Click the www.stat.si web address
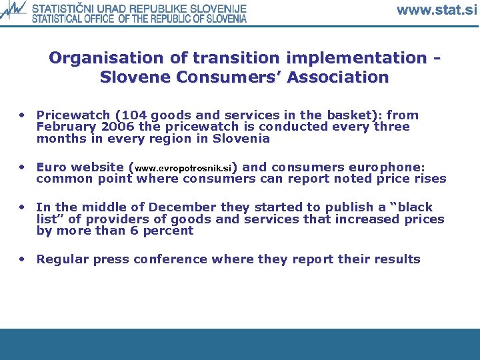[x=437, y=10]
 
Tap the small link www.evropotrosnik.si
[x=184, y=168]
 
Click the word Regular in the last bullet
[x=63, y=259]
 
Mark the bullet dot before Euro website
[x=23, y=167]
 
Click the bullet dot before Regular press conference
[x=23, y=259]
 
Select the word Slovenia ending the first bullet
[x=241, y=139]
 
